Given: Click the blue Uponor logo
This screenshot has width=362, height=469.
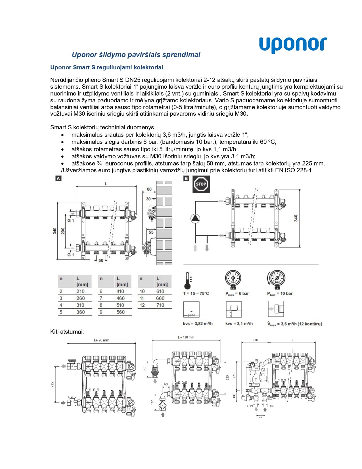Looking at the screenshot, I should point(293,45).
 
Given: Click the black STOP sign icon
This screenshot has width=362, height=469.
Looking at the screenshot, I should point(201,184).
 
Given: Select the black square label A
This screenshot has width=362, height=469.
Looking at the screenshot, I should point(58,179).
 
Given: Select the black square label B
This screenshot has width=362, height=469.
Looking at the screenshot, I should point(186,179).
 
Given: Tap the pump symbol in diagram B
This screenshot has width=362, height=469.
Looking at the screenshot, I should point(195,218).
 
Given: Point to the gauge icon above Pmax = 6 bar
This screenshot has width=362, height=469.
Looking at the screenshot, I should point(233,279).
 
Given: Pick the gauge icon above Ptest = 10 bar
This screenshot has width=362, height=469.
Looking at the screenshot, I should point(276,279).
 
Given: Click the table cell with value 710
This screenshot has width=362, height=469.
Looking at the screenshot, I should point(160,305).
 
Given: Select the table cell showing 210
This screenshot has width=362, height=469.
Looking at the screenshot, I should point(80,291).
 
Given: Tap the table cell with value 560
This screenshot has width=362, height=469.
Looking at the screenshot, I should point(120,312).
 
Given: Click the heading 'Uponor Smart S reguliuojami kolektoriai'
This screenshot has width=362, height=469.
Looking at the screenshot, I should point(107,67).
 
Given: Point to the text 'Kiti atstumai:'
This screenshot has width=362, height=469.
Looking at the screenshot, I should point(67,332).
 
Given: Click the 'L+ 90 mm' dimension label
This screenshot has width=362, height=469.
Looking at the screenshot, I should point(102,340).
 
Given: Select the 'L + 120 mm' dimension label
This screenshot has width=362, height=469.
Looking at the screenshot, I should point(186,337).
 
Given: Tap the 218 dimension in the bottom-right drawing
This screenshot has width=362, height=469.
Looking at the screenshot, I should point(255,340).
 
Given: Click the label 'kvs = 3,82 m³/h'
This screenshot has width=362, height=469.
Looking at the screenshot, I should point(198,323).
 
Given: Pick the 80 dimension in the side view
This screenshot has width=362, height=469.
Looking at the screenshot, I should point(149,189).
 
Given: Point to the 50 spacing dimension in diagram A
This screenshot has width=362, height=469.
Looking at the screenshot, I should point(101,260).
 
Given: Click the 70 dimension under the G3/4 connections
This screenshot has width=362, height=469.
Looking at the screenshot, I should point(261,417).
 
